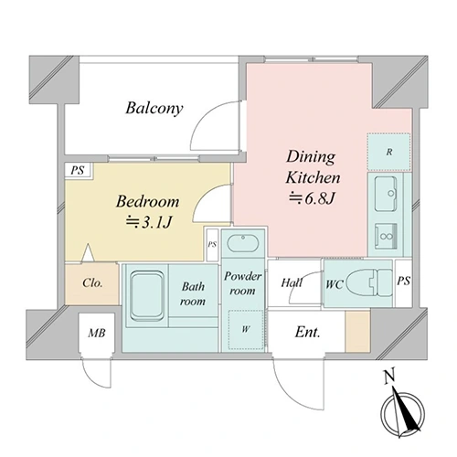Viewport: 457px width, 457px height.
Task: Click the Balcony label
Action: tap(154, 108)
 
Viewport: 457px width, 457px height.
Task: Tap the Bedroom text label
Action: tap(147, 201)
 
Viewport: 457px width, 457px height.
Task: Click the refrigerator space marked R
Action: tap(388, 152)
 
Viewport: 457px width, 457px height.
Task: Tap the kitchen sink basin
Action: tap(386, 194)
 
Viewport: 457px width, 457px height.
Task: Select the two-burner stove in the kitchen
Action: tap(386, 237)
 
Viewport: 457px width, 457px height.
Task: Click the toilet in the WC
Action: tap(369, 282)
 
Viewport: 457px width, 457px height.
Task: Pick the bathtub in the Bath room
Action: tap(146, 295)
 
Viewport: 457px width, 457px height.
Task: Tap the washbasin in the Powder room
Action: tap(243, 243)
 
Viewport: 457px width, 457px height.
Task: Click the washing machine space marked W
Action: tap(246, 330)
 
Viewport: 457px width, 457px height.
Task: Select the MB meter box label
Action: tap(97, 333)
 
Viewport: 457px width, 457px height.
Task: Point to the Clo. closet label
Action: tap(92, 283)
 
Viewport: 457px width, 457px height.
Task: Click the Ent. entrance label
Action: tap(307, 332)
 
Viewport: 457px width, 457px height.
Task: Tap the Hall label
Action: tap(292, 282)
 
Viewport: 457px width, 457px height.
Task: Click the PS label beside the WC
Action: tap(403, 281)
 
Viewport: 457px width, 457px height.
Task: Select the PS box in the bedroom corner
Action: tap(78, 170)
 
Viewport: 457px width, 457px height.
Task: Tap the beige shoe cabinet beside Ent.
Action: tap(357, 331)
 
